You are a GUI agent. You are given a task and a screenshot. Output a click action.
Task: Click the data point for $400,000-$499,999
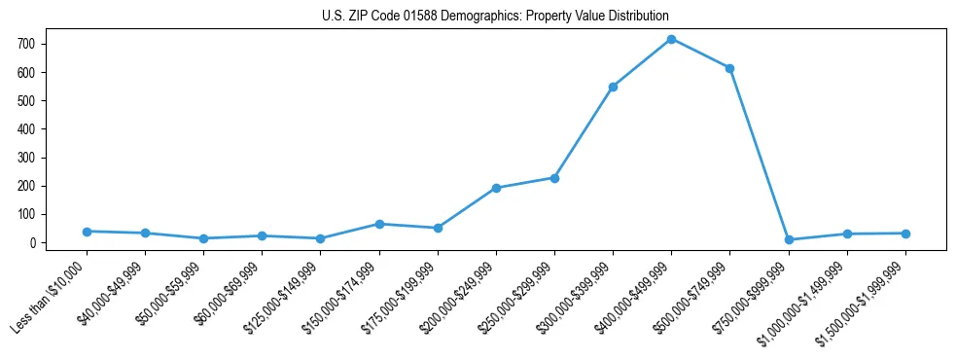click(671, 39)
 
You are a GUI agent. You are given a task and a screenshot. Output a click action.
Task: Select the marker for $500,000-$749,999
click(729, 68)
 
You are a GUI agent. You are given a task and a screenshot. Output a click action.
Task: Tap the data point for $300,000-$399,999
click(613, 87)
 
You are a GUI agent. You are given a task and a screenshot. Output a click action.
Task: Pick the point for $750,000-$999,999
click(789, 239)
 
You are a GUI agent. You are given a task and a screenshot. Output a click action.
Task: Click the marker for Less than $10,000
click(87, 232)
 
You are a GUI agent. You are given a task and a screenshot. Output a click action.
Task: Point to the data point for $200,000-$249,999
click(496, 188)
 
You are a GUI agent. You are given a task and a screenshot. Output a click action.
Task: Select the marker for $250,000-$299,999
click(554, 178)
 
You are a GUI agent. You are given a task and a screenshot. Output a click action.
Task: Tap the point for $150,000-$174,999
click(379, 224)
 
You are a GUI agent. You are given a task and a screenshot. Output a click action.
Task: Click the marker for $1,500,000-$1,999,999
click(905, 234)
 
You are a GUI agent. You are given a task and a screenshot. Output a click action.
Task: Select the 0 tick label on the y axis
click(32, 243)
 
